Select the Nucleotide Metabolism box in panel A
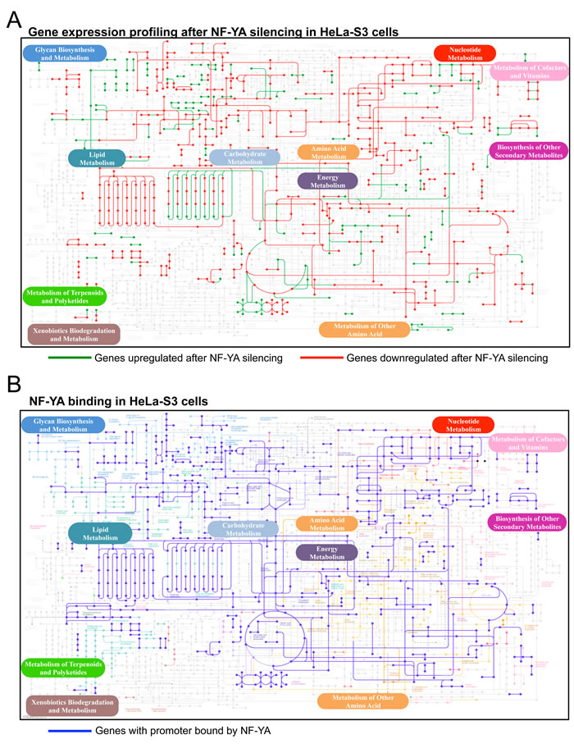(x=464, y=53)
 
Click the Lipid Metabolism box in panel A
(x=97, y=158)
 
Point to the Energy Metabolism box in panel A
(x=327, y=181)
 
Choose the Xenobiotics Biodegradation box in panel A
(x=74, y=333)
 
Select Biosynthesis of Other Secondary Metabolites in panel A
(x=527, y=152)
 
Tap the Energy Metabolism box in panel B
(x=327, y=552)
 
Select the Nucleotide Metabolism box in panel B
(x=464, y=425)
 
